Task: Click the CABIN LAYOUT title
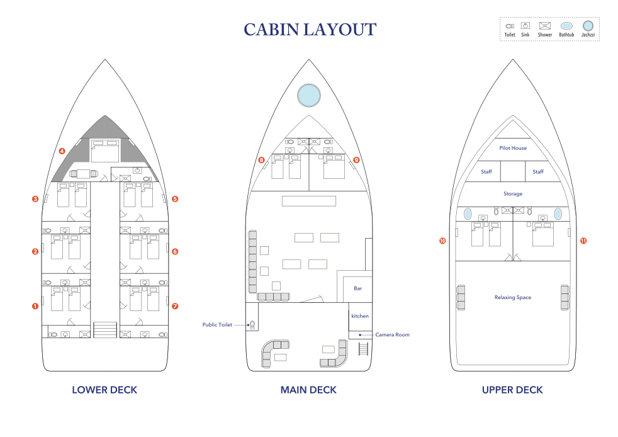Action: pyautogui.click(x=310, y=30)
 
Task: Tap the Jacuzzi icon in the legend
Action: pyautogui.click(x=588, y=26)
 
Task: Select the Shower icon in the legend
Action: pyautogui.click(x=545, y=26)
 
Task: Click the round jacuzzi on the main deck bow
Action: pyautogui.click(x=309, y=95)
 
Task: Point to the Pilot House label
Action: pyautogui.click(x=513, y=148)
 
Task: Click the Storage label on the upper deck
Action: pyautogui.click(x=513, y=194)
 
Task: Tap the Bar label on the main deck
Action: pyautogui.click(x=358, y=288)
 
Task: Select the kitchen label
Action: pyautogui.click(x=360, y=316)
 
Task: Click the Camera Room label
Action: pyautogui.click(x=392, y=334)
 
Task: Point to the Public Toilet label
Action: pyautogui.click(x=217, y=324)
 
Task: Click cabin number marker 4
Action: pyautogui.click(x=62, y=151)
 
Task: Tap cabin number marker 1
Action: pyautogui.click(x=35, y=306)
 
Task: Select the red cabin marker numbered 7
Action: pyautogui.click(x=175, y=306)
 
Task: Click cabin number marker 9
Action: pyautogui.click(x=356, y=160)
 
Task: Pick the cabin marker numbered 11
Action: pyautogui.click(x=583, y=241)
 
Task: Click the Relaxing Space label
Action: pyautogui.click(x=513, y=297)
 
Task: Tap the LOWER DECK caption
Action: pyautogui.click(x=104, y=390)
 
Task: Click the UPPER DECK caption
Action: pyautogui.click(x=512, y=390)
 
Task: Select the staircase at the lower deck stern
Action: pyautogui.click(x=105, y=330)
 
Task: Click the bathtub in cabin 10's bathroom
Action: pyautogui.click(x=468, y=213)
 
